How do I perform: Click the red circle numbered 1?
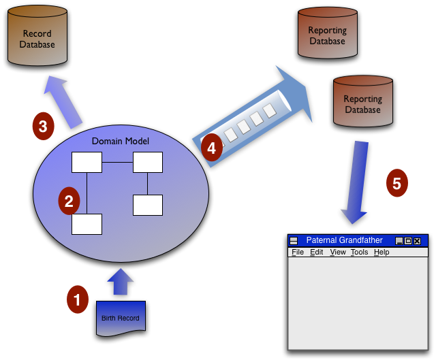[x=77, y=299]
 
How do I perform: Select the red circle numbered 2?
[x=68, y=201]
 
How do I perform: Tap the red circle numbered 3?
[x=43, y=126]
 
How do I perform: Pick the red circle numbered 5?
[x=397, y=182]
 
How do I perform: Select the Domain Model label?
[x=120, y=141]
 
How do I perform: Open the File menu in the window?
[x=298, y=252]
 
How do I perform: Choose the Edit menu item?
[x=317, y=252]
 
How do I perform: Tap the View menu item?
[x=338, y=252]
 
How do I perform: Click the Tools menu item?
[x=359, y=252]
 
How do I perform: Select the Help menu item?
[x=381, y=252]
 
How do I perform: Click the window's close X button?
[x=417, y=241]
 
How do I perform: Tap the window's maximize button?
[x=408, y=241]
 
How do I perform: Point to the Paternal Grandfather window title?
[x=344, y=241]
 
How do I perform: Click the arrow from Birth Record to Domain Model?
[x=120, y=282]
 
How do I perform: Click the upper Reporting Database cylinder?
[x=327, y=35]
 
